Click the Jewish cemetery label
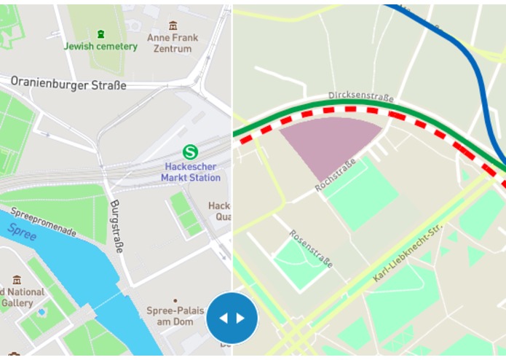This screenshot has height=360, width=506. click(x=100, y=47)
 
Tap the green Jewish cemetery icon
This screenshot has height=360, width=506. click(x=100, y=34)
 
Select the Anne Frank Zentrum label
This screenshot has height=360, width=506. click(x=173, y=43)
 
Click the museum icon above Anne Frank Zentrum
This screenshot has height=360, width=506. click(x=173, y=25)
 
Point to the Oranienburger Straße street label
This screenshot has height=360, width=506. click(x=68, y=85)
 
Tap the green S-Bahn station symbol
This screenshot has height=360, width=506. click(x=190, y=152)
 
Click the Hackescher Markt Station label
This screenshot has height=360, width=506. click(x=191, y=172)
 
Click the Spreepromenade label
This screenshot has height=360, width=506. click(x=44, y=224)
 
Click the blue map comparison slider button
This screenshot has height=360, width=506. click(x=232, y=318)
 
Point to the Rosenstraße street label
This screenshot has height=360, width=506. click(x=311, y=249)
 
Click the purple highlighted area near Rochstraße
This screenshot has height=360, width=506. click(x=328, y=142)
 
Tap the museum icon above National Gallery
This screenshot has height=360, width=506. click(x=17, y=279)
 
